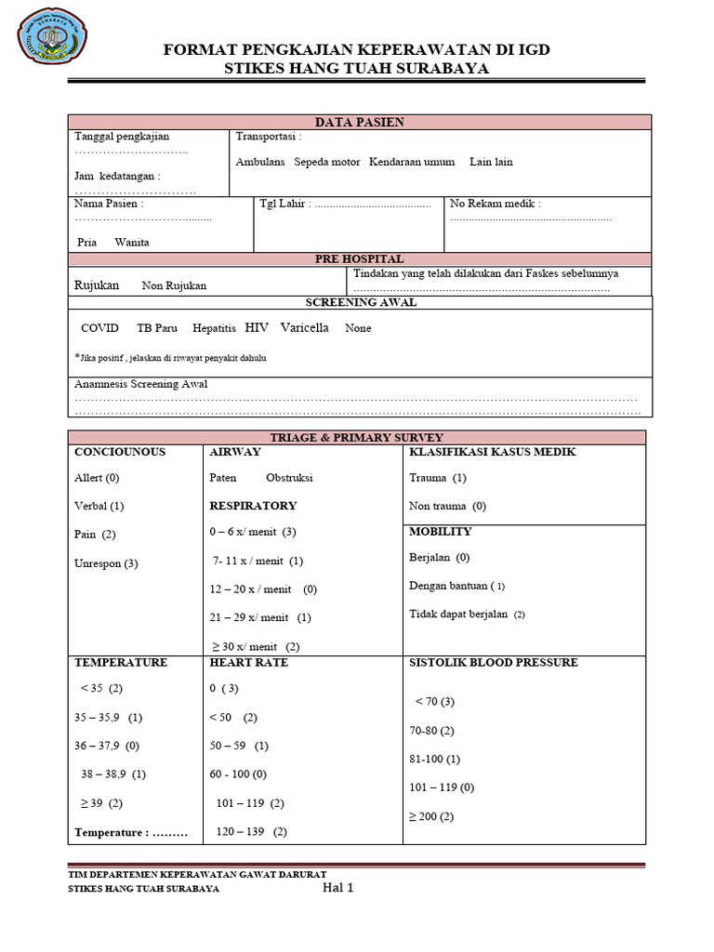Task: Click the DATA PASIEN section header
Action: pos(359,122)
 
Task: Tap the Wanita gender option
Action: pos(132,242)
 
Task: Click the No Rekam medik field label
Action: pos(495,204)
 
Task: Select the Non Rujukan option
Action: pos(174,286)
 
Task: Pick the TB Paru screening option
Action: pos(156,328)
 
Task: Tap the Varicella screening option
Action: pos(304,328)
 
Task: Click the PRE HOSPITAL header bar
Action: pos(359,259)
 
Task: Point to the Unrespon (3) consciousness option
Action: pos(106,563)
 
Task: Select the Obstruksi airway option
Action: pos(289,478)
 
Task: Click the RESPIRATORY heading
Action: pos(253,506)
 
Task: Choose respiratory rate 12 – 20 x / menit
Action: pos(264,589)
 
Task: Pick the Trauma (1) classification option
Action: pos(438,478)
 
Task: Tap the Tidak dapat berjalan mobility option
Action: pos(467,615)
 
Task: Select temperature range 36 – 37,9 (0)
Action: pos(107,746)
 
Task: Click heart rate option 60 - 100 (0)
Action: pos(238,773)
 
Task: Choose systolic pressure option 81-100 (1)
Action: pos(434,759)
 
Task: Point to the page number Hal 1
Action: pos(337,888)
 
